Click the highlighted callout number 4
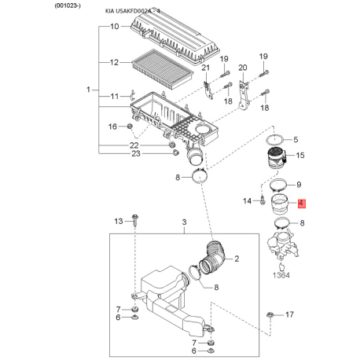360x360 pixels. [x=301, y=204]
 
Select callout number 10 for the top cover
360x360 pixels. [x=114, y=27]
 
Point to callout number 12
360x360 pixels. [x=114, y=61]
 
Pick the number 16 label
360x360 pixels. [x=112, y=126]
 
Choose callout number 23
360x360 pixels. [x=135, y=154]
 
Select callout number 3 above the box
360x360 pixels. [x=184, y=226]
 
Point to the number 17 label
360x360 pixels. [x=288, y=314]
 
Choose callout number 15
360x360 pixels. [x=299, y=156]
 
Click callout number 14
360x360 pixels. [x=247, y=201]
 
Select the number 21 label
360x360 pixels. [x=207, y=68]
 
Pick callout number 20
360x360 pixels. [x=242, y=68]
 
